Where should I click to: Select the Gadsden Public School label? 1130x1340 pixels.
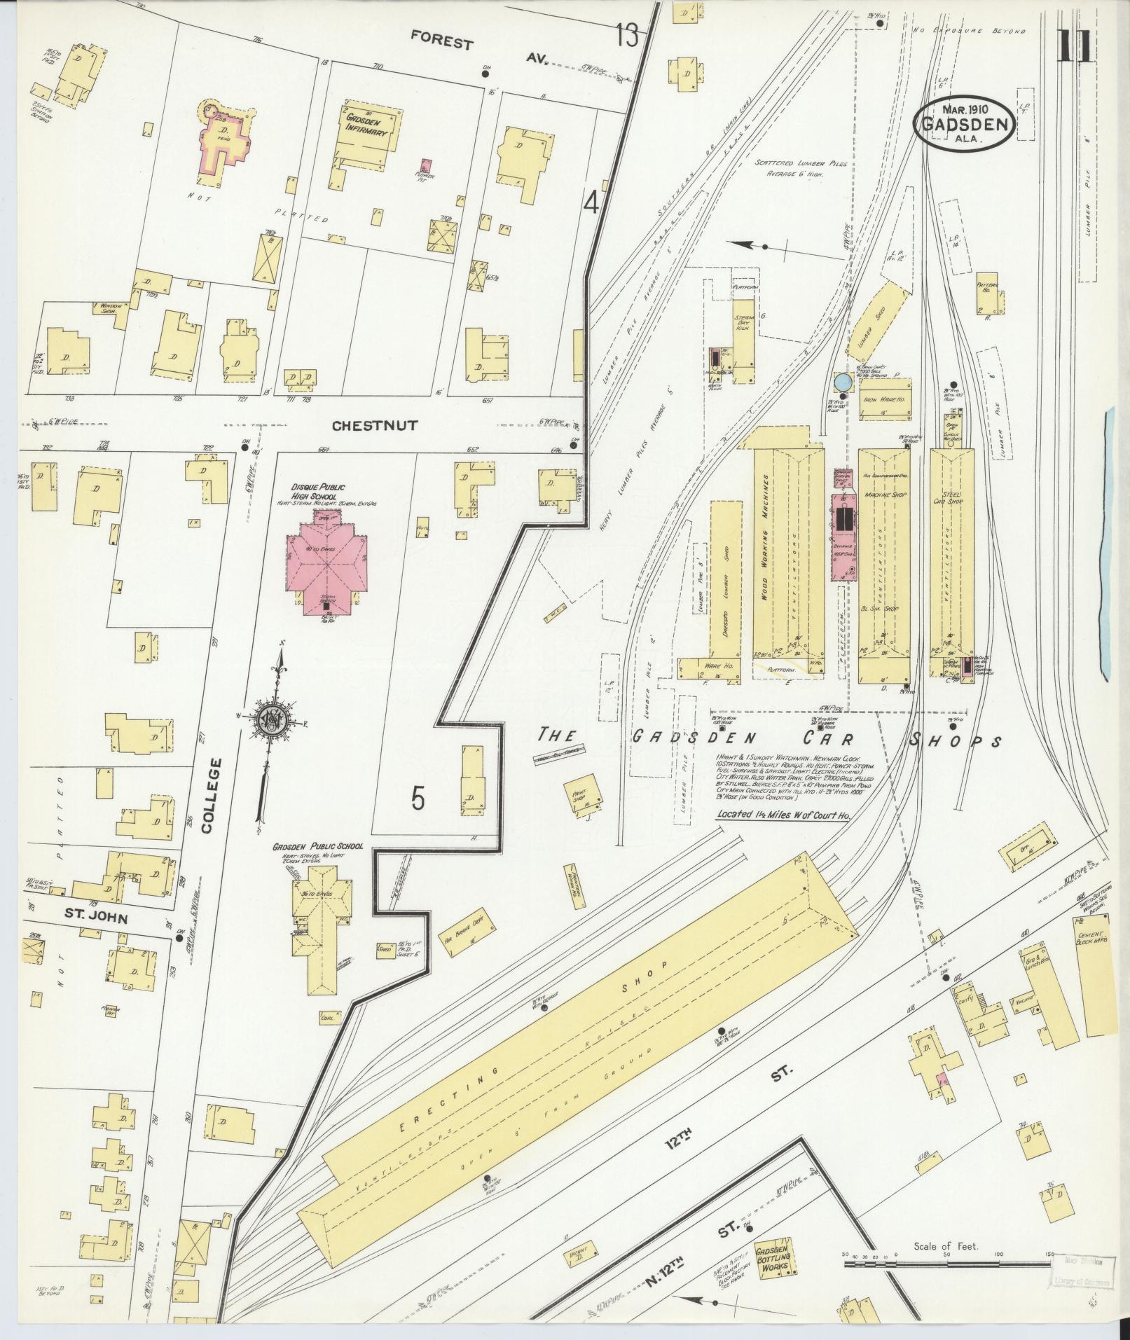coord(318,846)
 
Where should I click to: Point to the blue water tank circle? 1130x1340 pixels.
coord(843,382)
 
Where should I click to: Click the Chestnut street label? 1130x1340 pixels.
coord(374,425)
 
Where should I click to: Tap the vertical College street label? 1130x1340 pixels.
coord(205,795)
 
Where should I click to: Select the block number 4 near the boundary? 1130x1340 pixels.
coord(592,204)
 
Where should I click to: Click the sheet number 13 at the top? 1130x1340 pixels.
coord(628,34)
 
